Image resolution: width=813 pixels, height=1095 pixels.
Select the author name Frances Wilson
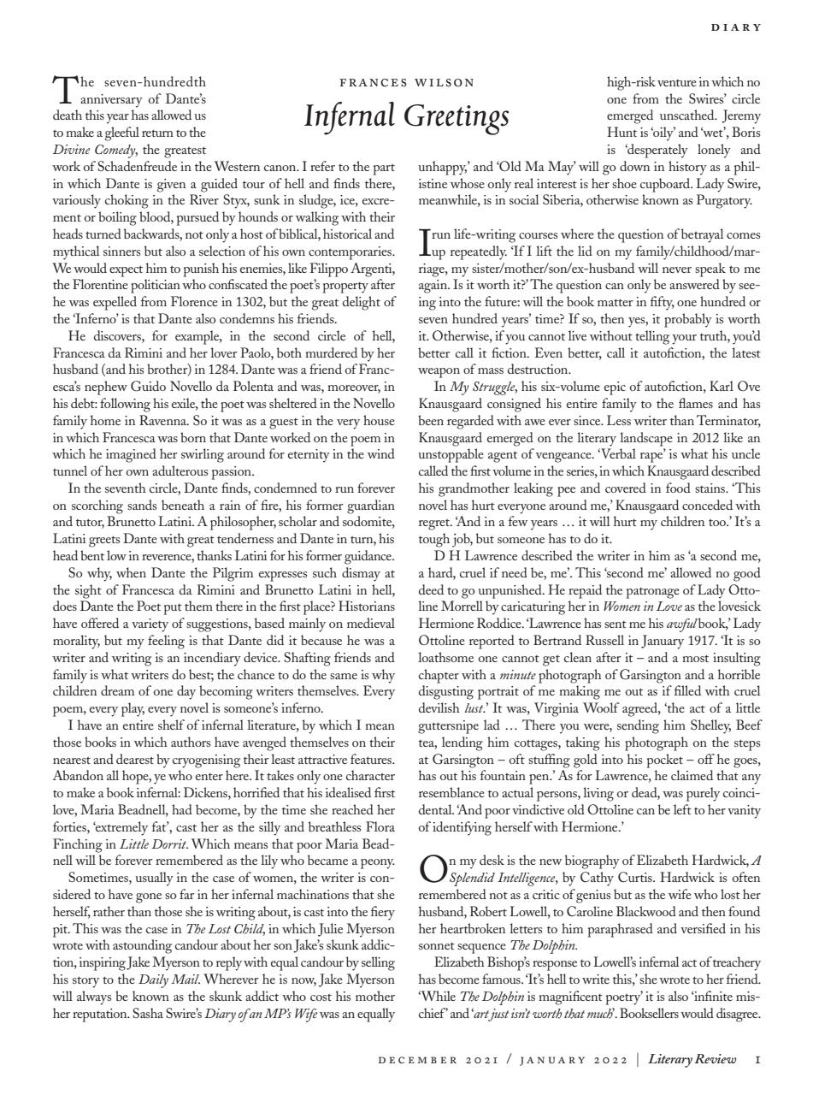pos(406,83)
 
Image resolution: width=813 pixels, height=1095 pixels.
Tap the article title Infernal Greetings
pos(406,115)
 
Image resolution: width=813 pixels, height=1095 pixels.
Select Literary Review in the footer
pos(692,1059)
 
